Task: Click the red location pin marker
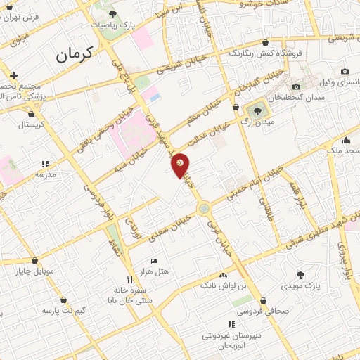click(x=181, y=165)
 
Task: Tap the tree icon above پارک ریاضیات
click(x=112, y=13)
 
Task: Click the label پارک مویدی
click(x=300, y=285)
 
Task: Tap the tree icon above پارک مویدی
click(x=300, y=274)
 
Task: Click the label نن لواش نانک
click(x=224, y=286)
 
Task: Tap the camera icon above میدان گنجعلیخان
click(x=345, y=71)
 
